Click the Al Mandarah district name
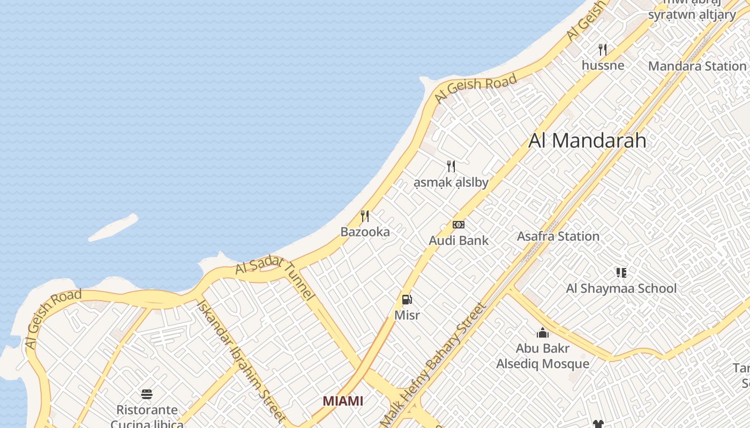point(587,141)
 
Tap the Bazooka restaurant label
point(365,232)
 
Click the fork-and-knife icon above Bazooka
point(365,216)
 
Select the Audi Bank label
point(459,241)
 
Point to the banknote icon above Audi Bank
point(459,225)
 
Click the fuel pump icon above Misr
point(407,300)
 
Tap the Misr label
point(407,315)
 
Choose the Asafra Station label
point(558,236)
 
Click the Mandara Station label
point(697,66)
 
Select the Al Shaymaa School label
point(621,289)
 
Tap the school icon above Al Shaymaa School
point(621,273)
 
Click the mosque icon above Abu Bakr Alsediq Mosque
point(543,333)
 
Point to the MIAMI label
point(343,401)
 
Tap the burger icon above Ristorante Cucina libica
point(147,394)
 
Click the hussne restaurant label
point(603,65)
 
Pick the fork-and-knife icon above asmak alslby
point(451,166)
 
